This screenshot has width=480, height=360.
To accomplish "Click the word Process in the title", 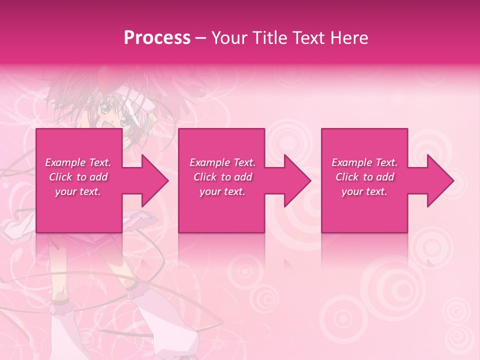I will click(x=157, y=37).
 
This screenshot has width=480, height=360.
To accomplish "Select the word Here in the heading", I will click(x=349, y=37).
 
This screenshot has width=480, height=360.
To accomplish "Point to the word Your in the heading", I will click(x=229, y=37).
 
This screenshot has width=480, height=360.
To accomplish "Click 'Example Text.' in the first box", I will click(x=78, y=162).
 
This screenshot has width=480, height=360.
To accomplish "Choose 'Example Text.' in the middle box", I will click(x=222, y=162).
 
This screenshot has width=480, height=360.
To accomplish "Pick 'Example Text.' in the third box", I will click(x=364, y=162).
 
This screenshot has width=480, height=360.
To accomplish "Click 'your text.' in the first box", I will click(x=78, y=191).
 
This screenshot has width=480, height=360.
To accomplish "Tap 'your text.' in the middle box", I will click(x=222, y=191).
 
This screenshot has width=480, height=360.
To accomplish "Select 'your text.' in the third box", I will click(x=364, y=191).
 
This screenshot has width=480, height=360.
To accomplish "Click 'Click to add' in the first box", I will click(x=78, y=177).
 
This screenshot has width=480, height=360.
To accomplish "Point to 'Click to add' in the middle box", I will click(x=222, y=177).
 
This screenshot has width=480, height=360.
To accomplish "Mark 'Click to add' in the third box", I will click(x=364, y=177).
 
